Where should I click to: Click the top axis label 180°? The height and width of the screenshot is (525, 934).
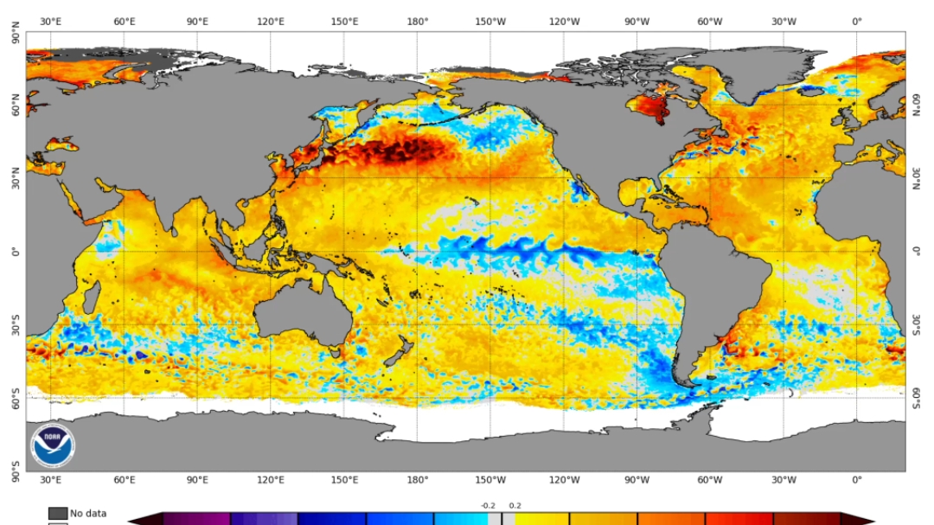418,21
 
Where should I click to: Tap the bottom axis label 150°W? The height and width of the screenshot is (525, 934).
491,480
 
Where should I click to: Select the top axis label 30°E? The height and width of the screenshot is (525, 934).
50,21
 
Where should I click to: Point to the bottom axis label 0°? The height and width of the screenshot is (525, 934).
856,480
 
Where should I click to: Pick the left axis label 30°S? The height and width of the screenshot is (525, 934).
15,325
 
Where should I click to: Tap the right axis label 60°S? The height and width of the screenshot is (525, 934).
917,398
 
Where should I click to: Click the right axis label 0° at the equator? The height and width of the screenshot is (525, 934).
917,252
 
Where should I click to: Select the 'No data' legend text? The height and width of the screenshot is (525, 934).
88,513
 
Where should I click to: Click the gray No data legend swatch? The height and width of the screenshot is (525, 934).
58,513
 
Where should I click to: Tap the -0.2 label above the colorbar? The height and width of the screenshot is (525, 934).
489,506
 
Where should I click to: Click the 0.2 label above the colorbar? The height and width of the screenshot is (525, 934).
515,506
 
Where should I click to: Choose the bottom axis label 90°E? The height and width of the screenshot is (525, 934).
197,480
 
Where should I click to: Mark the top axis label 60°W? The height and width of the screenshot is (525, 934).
710,21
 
